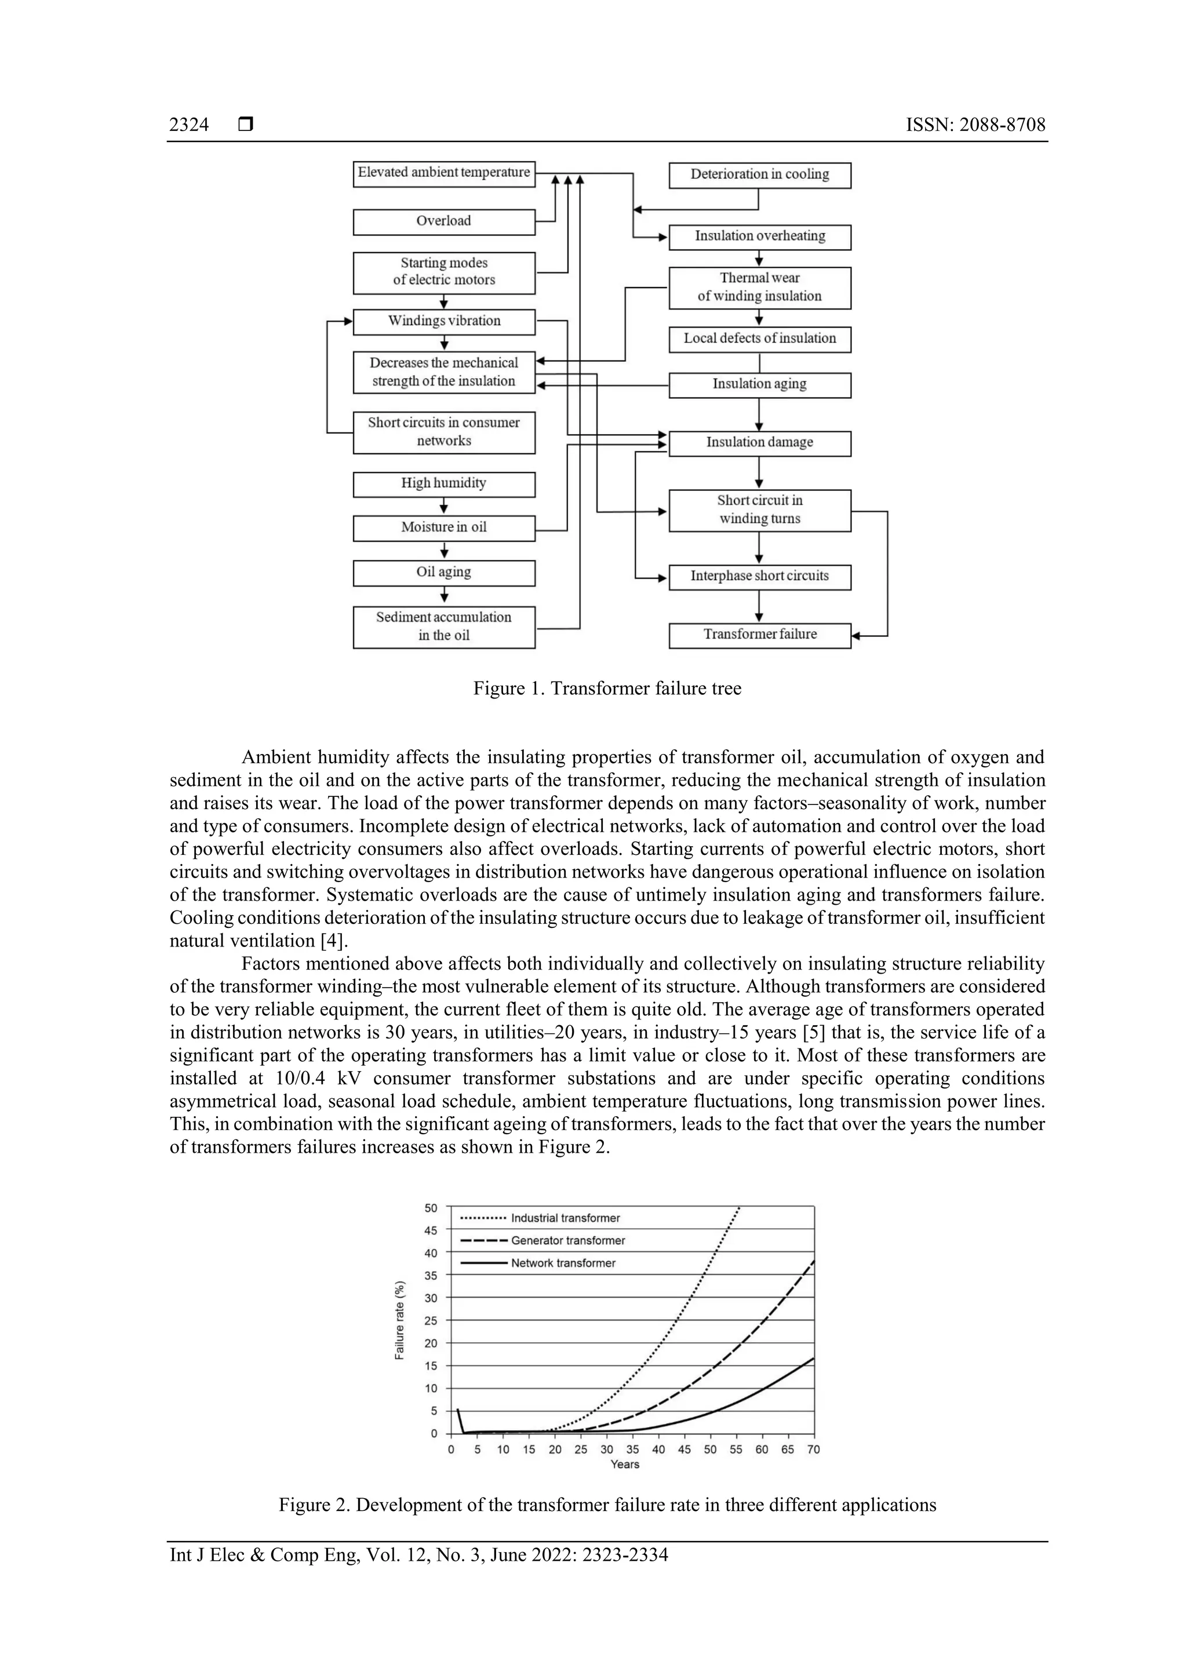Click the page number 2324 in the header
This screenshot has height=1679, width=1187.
point(189,125)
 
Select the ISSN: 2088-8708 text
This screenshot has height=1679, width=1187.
point(975,125)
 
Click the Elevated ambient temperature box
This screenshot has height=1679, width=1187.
point(444,174)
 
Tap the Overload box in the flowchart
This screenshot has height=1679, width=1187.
point(444,221)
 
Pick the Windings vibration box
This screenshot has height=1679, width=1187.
point(444,322)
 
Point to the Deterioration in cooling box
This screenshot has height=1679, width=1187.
point(759,176)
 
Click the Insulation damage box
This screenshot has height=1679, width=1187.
point(759,443)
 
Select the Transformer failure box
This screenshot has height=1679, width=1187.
point(759,635)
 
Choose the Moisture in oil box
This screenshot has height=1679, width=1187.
point(444,528)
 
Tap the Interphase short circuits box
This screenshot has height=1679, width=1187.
point(759,577)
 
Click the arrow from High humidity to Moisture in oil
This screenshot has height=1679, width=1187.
point(444,506)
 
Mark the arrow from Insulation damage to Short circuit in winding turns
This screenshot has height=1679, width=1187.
point(759,472)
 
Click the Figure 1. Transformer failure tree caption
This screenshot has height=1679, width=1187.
point(607,689)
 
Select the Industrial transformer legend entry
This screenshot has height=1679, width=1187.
point(565,1218)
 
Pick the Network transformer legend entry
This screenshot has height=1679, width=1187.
point(563,1263)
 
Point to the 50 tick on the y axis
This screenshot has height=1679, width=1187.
point(431,1208)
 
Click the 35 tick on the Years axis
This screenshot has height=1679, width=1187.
point(633,1449)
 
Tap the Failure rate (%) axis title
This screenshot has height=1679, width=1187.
point(399,1320)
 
